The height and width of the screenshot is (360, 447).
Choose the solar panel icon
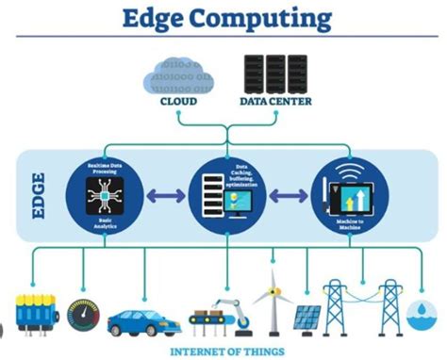pyautogui.click(x=304, y=319)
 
